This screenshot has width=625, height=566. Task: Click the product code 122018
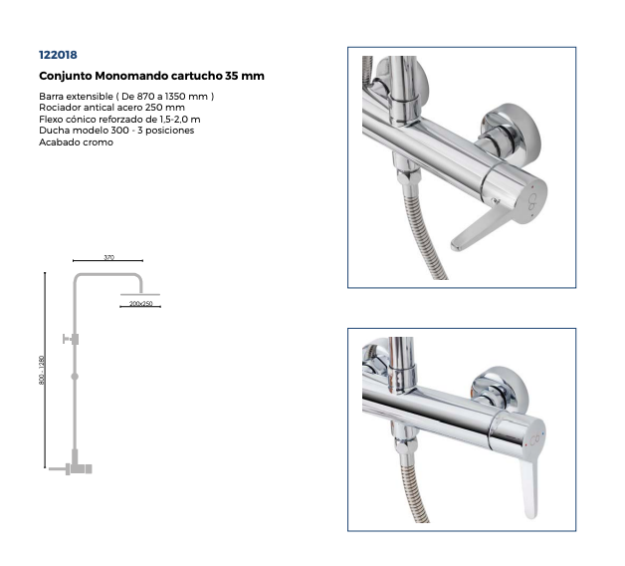[58, 55]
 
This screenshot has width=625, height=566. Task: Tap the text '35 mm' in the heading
[245, 76]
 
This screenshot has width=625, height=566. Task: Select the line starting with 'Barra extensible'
[126, 97]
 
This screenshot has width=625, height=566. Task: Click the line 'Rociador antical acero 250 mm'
[111, 108]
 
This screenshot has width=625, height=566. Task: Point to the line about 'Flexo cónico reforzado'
[119, 120]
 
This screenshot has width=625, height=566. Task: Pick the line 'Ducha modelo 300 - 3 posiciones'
[116, 131]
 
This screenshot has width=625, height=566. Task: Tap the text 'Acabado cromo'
[76, 142]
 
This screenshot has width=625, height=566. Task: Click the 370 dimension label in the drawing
[108, 257]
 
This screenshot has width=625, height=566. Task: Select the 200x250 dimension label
[140, 303]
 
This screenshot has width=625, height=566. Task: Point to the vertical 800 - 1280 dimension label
[42, 370]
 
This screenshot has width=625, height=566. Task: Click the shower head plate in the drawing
[140, 295]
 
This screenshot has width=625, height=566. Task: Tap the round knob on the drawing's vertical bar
[75, 377]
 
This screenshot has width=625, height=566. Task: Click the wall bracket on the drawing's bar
[71, 339]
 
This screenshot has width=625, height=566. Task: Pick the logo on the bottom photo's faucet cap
[534, 439]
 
